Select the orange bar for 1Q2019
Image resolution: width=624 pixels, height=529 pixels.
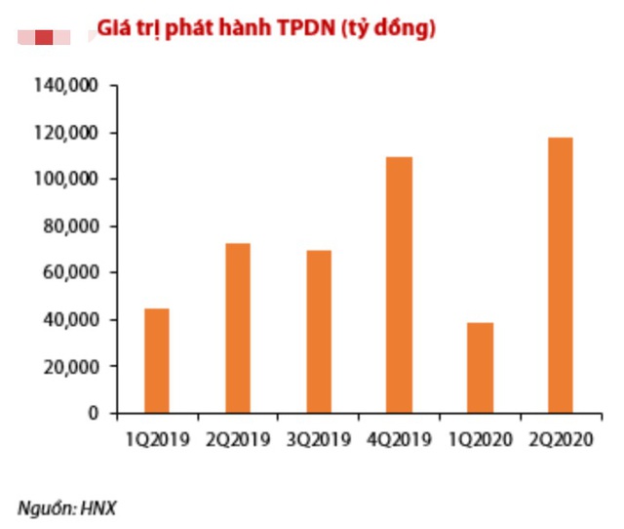(x=157, y=361)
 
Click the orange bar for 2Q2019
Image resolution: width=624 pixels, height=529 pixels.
(x=238, y=328)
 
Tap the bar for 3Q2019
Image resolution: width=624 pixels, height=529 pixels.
(x=319, y=332)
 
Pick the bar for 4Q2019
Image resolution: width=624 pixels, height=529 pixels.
(x=399, y=285)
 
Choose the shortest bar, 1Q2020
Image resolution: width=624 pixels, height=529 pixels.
(x=480, y=368)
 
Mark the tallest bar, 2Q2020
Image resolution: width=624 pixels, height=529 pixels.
(x=560, y=275)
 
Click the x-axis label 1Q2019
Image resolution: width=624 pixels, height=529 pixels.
(x=157, y=440)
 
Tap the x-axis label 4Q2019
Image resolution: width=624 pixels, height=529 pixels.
(x=399, y=440)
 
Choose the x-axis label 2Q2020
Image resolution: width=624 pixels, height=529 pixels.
(x=560, y=440)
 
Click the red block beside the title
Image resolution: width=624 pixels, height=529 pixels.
(x=44, y=36)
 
